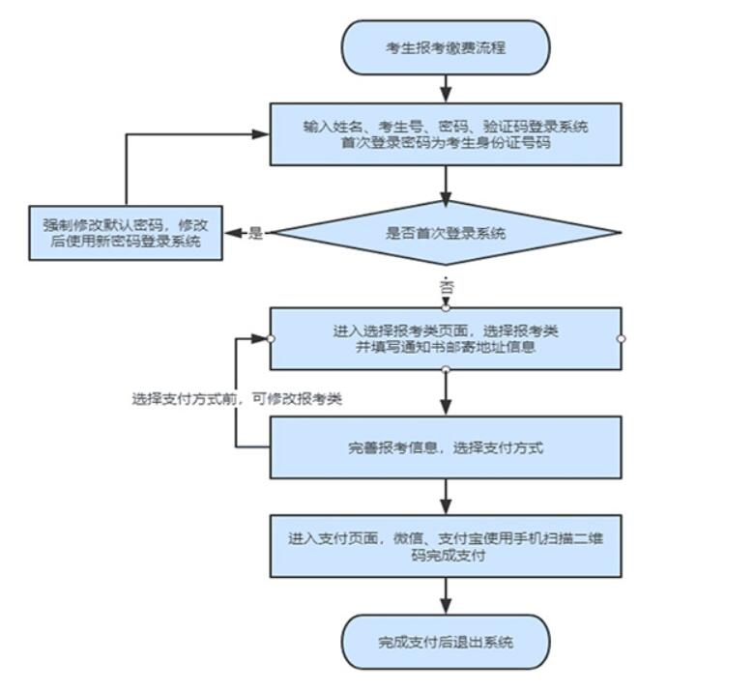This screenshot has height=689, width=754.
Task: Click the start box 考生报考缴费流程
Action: (x=446, y=47)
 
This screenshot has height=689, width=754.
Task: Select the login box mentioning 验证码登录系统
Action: (x=446, y=134)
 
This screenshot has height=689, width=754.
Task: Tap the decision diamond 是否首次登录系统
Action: (x=446, y=233)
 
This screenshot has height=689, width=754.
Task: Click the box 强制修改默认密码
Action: (x=126, y=233)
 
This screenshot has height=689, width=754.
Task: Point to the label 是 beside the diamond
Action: (x=256, y=233)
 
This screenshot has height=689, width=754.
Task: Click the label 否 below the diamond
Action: (x=446, y=287)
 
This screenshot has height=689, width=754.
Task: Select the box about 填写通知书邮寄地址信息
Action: (x=446, y=338)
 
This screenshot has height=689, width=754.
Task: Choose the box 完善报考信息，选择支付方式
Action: (x=446, y=447)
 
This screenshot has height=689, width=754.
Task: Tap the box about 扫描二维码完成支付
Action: (x=446, y=546)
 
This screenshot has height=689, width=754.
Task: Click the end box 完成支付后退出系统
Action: (x=446, y=642)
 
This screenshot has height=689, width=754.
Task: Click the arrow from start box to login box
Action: (x=446, y=88)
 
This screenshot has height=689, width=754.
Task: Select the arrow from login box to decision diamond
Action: (x=446, y=184)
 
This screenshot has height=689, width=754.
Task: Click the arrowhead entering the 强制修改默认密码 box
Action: (x=230, y=233)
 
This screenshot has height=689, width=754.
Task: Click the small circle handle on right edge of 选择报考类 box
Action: (x=622, y=338)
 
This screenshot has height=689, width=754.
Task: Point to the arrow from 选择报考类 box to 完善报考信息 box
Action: (x=446, y=392)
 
